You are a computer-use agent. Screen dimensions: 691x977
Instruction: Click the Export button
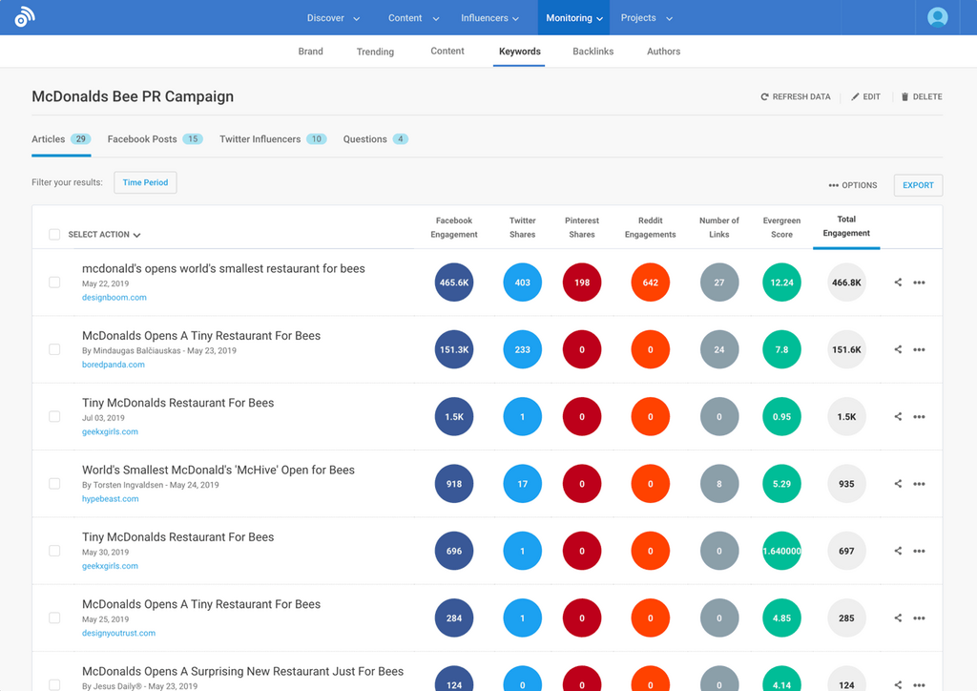pyautogui.click(x=918, y=185)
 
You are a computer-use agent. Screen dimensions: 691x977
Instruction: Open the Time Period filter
pyautogui.click(x=145, y=182)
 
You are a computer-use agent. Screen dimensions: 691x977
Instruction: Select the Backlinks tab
pyautogui.click(x=592, y=52)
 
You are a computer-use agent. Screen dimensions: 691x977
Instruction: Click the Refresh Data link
pyautogui.click(x=796, y=97)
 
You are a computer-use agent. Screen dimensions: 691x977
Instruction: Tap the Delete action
pyautogui.click(x=922, y=97)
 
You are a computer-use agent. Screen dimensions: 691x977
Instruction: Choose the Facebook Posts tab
pyautogui.click(x=142, y=139)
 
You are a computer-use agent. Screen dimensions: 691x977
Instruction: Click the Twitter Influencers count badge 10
pyautogui.click(x=316, y=139)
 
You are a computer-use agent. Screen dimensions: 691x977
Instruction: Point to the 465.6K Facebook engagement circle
pyautogui.click(x=454, y=283)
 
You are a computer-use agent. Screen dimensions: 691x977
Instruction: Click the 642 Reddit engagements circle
pyautogui.click(x=651, y=283)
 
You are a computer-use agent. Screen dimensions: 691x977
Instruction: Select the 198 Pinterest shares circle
pyautogui.click(x=582, y=283)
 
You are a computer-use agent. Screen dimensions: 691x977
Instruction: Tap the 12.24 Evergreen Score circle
pyautogui.click(x=782, y=283)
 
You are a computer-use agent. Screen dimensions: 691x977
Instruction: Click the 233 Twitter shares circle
pyautogui.click(x=523, y=349)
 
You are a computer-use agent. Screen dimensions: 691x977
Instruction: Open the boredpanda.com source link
pyautogui.click(x=114, y=365)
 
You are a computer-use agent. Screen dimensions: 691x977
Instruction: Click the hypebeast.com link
pyautogui.click(x=110, y=499)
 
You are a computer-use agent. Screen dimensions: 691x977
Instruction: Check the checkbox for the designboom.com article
pyautogui.click(x=54, y=283)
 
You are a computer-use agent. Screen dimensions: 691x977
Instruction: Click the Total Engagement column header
pyautogui.click(x=846, y=226)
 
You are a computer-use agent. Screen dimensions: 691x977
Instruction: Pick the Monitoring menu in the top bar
pyautogui.click(x=573, y=18)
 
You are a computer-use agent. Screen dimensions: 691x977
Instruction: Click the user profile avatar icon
pyautogui.click(x=938, y=17)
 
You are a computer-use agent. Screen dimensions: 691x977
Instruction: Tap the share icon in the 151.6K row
pyautogui.click(x=898, y=349)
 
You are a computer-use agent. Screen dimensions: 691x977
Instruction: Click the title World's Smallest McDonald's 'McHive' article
pyautogui.click(x=218, y=470)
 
